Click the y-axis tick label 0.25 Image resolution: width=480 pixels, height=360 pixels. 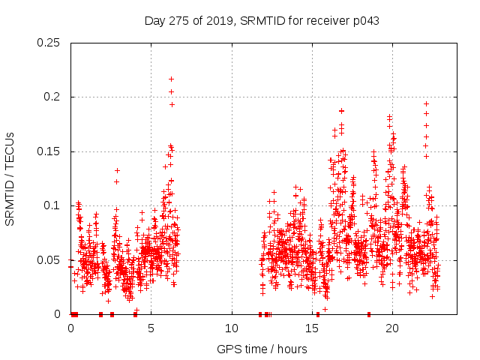coord(50,43)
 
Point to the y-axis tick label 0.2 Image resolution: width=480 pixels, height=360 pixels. coord(53,97)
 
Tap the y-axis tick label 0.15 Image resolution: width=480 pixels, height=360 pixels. coord(50,151)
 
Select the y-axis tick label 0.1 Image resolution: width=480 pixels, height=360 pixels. coord(53,205)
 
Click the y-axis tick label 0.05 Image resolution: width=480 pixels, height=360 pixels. coord(50,260)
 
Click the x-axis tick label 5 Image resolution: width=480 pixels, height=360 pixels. coord(151,328)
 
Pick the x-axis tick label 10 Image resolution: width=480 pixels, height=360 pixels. coord(232,328)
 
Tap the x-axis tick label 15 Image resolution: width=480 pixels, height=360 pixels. coord(312,328)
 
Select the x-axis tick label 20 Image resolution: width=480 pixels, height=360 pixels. coord(392,328)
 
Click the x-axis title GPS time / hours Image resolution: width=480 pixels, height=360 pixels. coord(262,349)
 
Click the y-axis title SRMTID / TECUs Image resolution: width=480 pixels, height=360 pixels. coord(10,178)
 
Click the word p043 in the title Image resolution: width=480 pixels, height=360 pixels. coord(364,20)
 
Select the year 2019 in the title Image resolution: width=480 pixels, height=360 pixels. coord(220,20)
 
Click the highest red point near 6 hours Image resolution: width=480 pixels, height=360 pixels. coord(171,79)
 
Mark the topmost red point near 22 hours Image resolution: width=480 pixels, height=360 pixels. coord(426,103)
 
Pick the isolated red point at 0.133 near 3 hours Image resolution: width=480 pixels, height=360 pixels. coord(117,170)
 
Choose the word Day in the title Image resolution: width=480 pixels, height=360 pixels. coord(155,20)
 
